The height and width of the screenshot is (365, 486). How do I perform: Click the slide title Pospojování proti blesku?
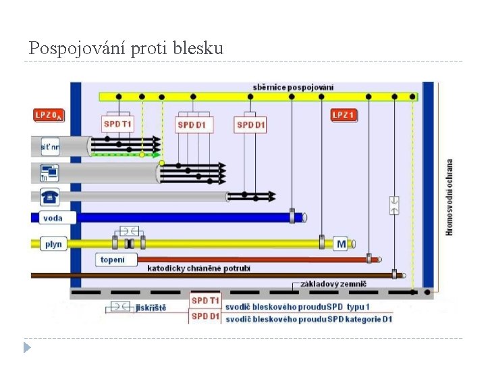tap(126, 49)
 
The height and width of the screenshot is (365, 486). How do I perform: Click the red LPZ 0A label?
tap(49, 115)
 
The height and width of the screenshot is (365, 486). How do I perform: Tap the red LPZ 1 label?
tap(344, 115)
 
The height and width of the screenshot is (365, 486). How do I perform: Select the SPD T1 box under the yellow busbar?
tap(118, 124)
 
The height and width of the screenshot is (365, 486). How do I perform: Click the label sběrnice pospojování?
tap(293, 87)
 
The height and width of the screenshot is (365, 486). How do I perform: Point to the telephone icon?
tap(49, 197)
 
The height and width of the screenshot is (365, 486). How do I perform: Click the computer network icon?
tap(49, 173)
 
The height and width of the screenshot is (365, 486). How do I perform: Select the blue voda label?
tap(53, 218)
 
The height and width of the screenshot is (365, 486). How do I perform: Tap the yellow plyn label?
tap(53, 243)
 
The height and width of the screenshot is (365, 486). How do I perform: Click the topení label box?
tap(113, 260)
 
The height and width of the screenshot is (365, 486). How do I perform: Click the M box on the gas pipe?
tap(341, 243)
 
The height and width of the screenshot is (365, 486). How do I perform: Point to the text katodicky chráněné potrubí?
tap(198, 268)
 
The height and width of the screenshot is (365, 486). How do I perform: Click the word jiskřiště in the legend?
tap(151, 308)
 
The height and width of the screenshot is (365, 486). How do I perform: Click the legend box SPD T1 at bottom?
tap(205, 300)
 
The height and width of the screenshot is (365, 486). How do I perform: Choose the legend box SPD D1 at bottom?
tap(205, 316)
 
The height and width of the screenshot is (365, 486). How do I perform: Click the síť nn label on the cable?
tap(49, 145)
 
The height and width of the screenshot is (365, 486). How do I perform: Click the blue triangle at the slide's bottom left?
tap(26, 347)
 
